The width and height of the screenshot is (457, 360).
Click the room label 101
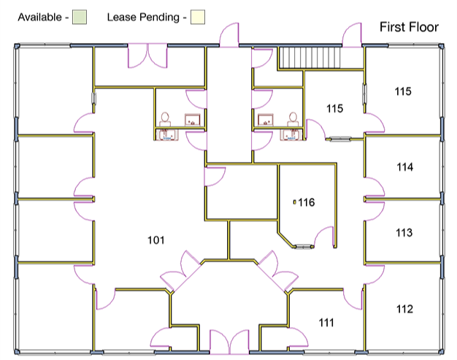pos(156,240)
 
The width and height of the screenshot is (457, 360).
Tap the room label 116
pos(307,202)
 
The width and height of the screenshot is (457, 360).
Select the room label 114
pos(405,167)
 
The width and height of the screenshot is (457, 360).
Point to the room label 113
pos(404,233)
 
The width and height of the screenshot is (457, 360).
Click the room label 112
pos(404,309)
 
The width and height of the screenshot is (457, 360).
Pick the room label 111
pos(326,323)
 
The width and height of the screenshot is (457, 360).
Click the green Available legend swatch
pos(80,17)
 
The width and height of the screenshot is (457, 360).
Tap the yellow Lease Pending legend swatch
pos(198,17)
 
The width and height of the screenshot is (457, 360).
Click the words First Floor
pos(409,27)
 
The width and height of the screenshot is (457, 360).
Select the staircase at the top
pos(310,58)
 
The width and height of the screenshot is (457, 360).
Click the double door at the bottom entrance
pos(229,342)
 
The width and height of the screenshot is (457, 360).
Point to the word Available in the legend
pos(39,18)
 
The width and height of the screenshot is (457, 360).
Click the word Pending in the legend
pos(159,18)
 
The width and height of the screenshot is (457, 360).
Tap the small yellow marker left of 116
pos(295,202)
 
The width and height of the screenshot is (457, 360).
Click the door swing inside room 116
pos(324,237)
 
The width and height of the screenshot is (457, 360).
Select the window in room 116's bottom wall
pos(303,247)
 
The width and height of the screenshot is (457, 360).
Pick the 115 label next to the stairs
pos(334,109)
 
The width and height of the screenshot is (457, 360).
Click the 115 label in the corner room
pos(403,91)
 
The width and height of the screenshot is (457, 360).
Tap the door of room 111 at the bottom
pos(298,337)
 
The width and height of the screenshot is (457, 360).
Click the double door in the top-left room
pos(147,55)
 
